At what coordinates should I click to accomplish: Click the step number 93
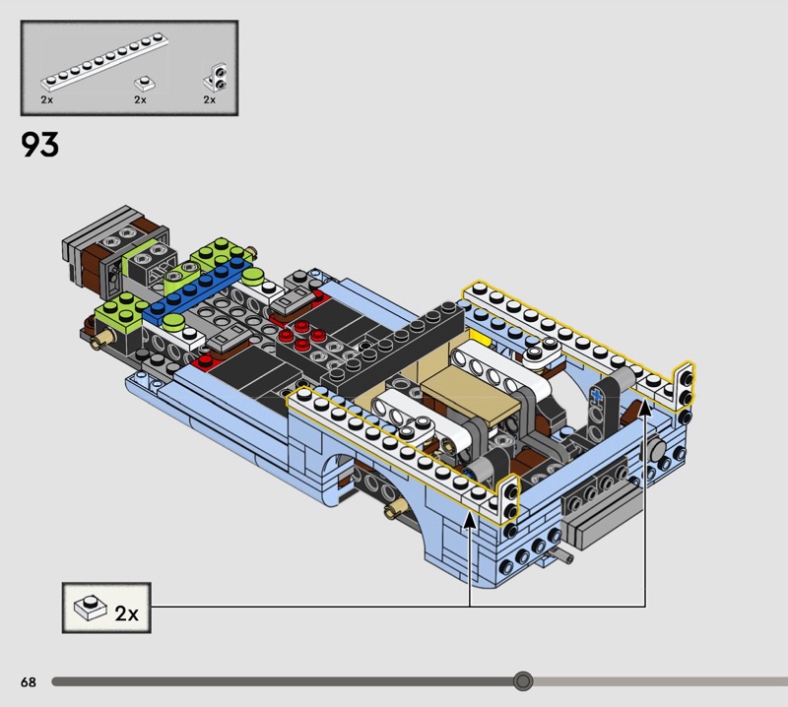click(x=39, y=145)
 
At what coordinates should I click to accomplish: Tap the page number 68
click(x=29, y=681)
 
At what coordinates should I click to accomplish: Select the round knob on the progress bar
click(x=523, y=681)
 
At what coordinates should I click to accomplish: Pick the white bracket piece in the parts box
click(x=216, y=77)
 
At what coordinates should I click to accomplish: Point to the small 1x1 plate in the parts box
click(x=144, y=83)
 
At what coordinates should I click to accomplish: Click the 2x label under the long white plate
click(x=46, y=99)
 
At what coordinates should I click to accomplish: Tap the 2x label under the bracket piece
click(x=209, y=99)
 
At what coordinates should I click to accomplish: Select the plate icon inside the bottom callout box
click(x=91, y=607)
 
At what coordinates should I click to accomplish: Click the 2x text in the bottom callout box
click(x=126, y=613)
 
